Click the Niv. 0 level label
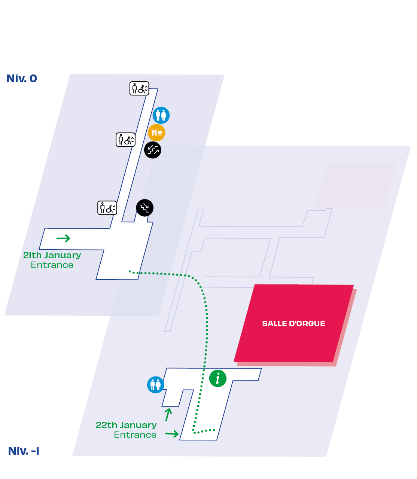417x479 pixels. click(x=22, y=79)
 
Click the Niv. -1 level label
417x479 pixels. click(x=24, y=451)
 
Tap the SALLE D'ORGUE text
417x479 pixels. click(x=293, y=323)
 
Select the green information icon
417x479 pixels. click(x=217, y=378)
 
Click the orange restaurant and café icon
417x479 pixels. click(x=156, y=132)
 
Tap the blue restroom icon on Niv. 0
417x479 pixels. click(x=161, y=115)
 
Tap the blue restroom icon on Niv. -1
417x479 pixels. click(x=155, y=384)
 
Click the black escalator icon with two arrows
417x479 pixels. click(x=153, y=150)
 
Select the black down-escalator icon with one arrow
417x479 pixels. click(x=145, y=208)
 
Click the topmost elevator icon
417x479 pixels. click(x=139, y=88)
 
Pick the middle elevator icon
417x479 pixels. click(x=125, y=140)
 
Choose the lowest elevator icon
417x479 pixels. click(x=107, y=208)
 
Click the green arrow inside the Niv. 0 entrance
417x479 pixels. click(x=63, y=238)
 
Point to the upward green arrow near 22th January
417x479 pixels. click(x=168, y=415)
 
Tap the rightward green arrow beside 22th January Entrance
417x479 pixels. click(x=172, y=434)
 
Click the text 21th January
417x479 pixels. click(x=52, y=255)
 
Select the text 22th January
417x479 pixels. click(x=126, y=425)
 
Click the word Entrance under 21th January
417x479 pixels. click(x=52, y=265)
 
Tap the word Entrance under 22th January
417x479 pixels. click(x=135, y=435)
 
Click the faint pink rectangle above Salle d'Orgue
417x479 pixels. click(x=356, y=185)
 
